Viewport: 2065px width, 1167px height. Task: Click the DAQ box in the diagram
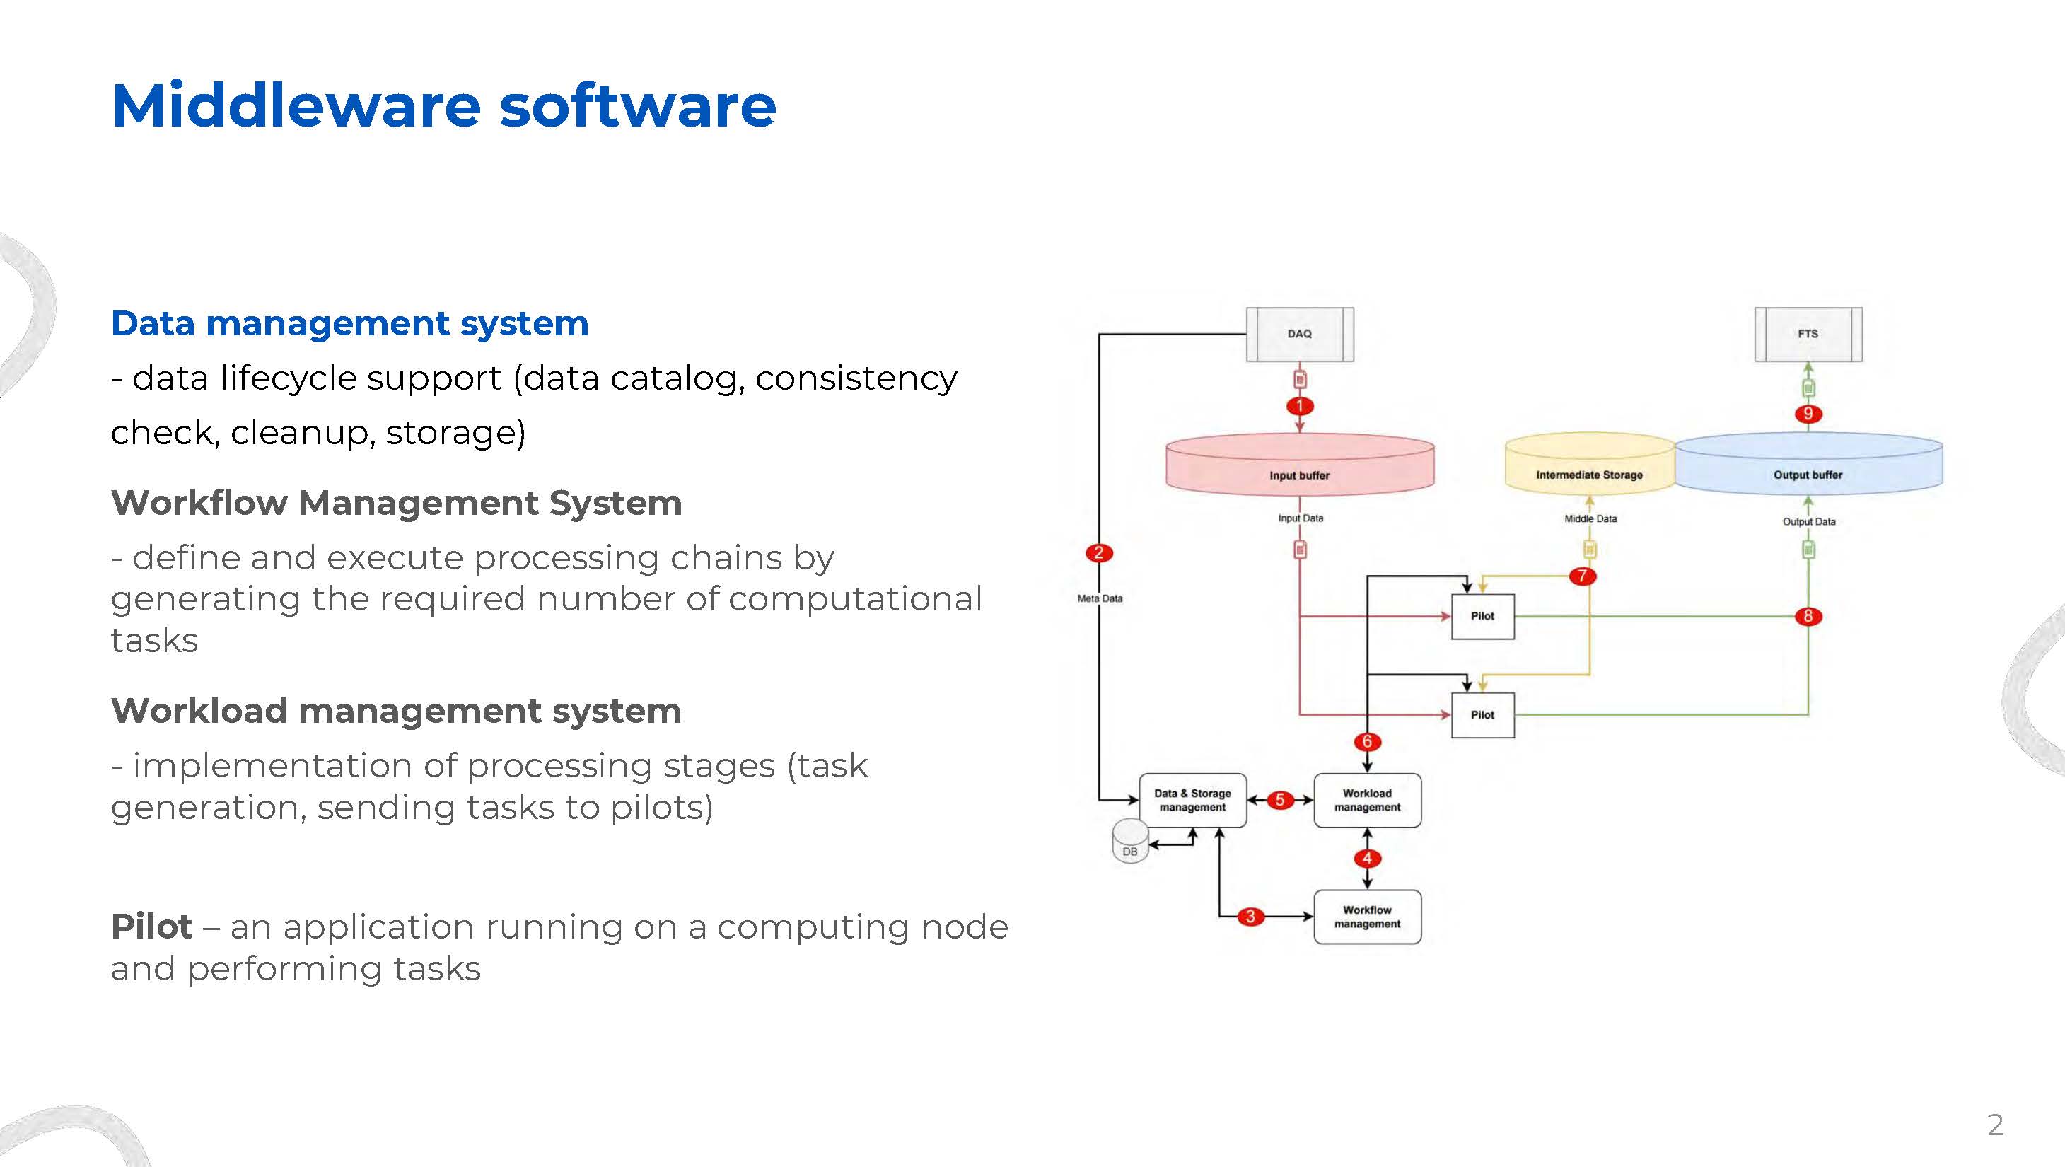[x=1299, y=333]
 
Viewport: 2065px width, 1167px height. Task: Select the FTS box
[x=1808, y=333]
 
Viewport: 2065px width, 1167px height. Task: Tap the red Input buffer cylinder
[x=1299, y=464]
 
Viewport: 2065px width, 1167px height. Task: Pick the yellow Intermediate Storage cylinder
[x=1589, y=464]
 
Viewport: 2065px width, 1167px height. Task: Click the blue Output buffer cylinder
[x=1808, y=464]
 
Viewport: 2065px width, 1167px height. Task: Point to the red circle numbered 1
[x=1299, y=405]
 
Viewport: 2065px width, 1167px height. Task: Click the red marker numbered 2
[x=1098, y=552]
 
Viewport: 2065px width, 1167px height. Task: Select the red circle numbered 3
[x=1250, y=916]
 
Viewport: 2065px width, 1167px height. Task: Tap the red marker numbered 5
[x=1280, y=800]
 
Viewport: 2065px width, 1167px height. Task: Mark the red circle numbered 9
[x=1808, y=414]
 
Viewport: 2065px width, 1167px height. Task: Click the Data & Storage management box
[x=1193, y=800]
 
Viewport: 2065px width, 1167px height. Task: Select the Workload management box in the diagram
[x=1368, y=800]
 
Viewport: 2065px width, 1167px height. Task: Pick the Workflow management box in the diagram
[x=1368, y=917]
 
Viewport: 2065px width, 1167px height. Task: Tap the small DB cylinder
[x=1130, y=841]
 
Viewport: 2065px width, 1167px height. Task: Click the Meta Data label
[x=1100, y=598]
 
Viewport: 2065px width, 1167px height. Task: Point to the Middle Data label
[x=1590, y=518]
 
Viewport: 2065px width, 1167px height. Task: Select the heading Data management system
[x=349, y=324]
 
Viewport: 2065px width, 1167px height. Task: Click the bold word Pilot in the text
[x=151, y=927]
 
